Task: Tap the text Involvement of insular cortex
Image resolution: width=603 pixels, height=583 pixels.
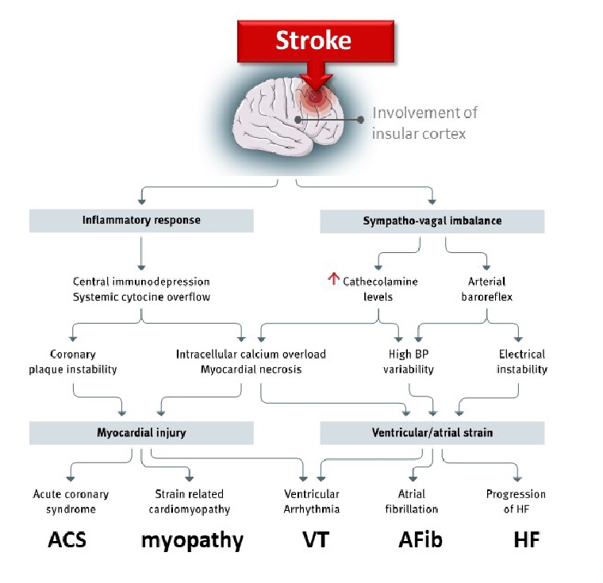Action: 424,123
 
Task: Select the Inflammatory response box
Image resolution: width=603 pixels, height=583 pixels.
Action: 140,221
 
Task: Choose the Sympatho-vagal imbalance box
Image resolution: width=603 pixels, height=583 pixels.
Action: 432,221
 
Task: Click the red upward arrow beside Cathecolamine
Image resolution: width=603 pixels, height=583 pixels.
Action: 333,279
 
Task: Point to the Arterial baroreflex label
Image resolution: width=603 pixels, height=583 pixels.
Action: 486,289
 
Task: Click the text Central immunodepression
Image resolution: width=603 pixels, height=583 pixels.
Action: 140,282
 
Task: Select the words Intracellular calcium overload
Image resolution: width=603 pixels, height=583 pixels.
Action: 251,354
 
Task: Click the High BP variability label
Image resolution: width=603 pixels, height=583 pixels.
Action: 410,361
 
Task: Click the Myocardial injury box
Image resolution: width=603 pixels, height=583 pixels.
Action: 140,432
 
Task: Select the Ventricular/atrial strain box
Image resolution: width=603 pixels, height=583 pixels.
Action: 432,432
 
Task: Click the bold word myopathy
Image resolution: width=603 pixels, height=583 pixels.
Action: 191,541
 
